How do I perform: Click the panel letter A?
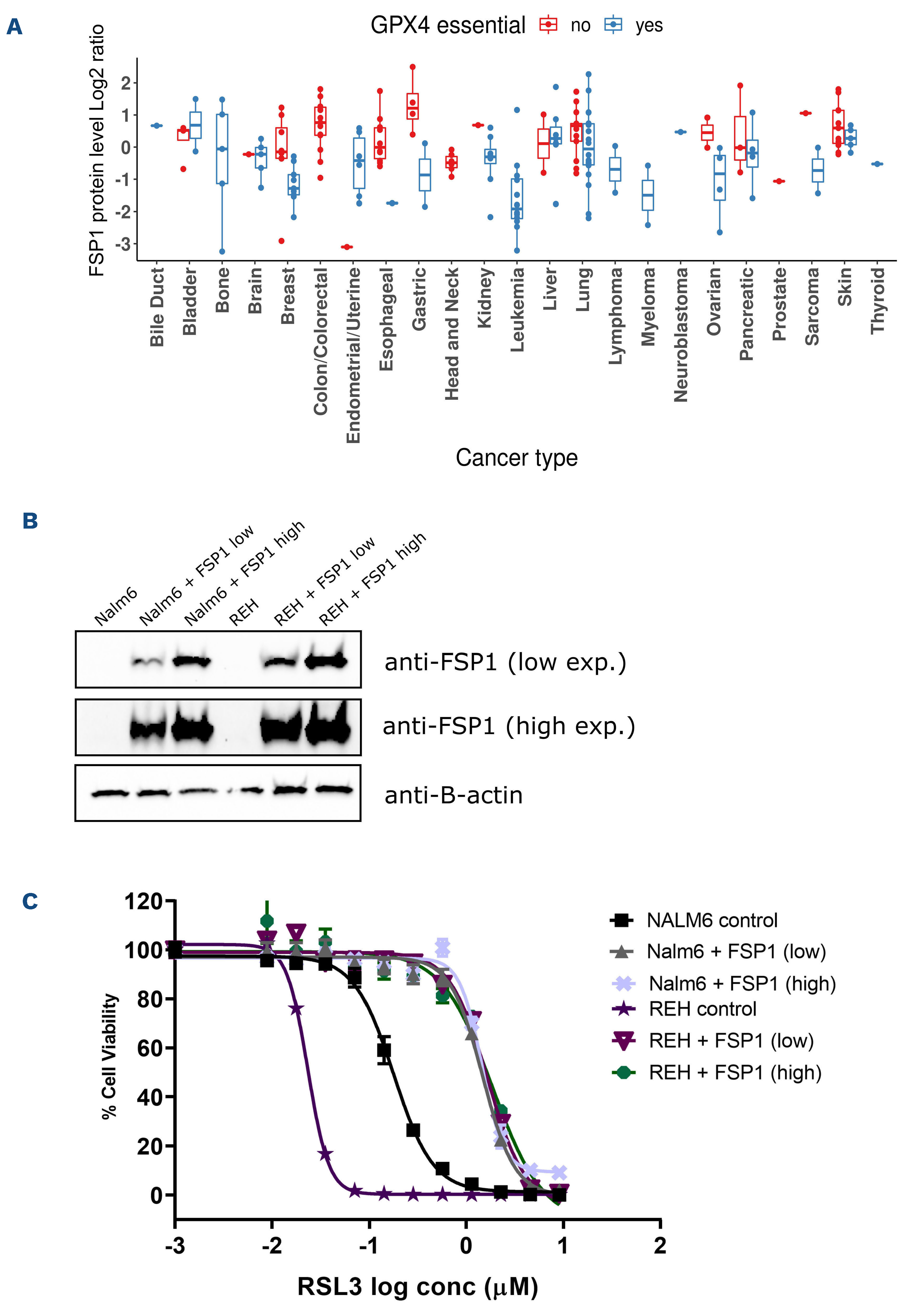(14, 27)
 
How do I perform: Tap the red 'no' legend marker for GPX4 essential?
(548, 25)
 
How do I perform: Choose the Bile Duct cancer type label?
(157, 307)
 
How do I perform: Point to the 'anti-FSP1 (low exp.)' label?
(505, 662)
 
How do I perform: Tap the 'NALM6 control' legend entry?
(712, 920)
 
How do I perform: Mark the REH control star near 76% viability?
(296, 1009)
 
